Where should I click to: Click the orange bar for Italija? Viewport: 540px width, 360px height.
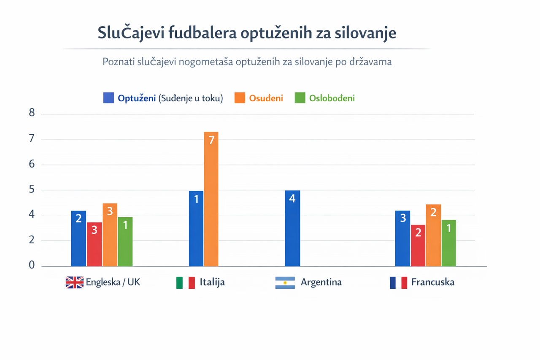tap(211, 199)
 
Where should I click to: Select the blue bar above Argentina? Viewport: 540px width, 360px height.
tap(292, 228)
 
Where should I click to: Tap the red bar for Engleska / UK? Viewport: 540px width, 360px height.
tap(94, 244)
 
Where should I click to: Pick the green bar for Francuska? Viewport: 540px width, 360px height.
tap(449, 243)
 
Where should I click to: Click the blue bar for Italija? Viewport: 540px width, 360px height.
tap(196, 228)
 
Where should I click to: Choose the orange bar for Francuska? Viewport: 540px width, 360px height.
tap(433, 235)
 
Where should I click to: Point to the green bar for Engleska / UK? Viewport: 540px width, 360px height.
tap(125, 241)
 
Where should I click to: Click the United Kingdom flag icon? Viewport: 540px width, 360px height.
tap(74, 282)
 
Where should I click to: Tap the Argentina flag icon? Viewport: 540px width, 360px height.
tap(285, 282)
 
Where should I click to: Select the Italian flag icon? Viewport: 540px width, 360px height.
tap(185, 282)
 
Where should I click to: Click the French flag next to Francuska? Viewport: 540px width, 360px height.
tap(398, 282)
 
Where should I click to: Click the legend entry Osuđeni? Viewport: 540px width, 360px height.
tap(266, 98)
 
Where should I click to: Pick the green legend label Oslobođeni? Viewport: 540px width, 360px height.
tap(332, 98)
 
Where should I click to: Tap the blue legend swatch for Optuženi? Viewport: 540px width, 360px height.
tap(108, 98)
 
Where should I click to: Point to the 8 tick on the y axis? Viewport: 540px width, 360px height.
tap(32, 114)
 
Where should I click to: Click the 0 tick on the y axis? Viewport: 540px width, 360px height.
tap(32, 265)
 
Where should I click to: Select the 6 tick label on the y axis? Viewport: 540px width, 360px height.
tap(32, 164)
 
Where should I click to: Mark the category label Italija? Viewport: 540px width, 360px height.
tap(212, 282)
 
